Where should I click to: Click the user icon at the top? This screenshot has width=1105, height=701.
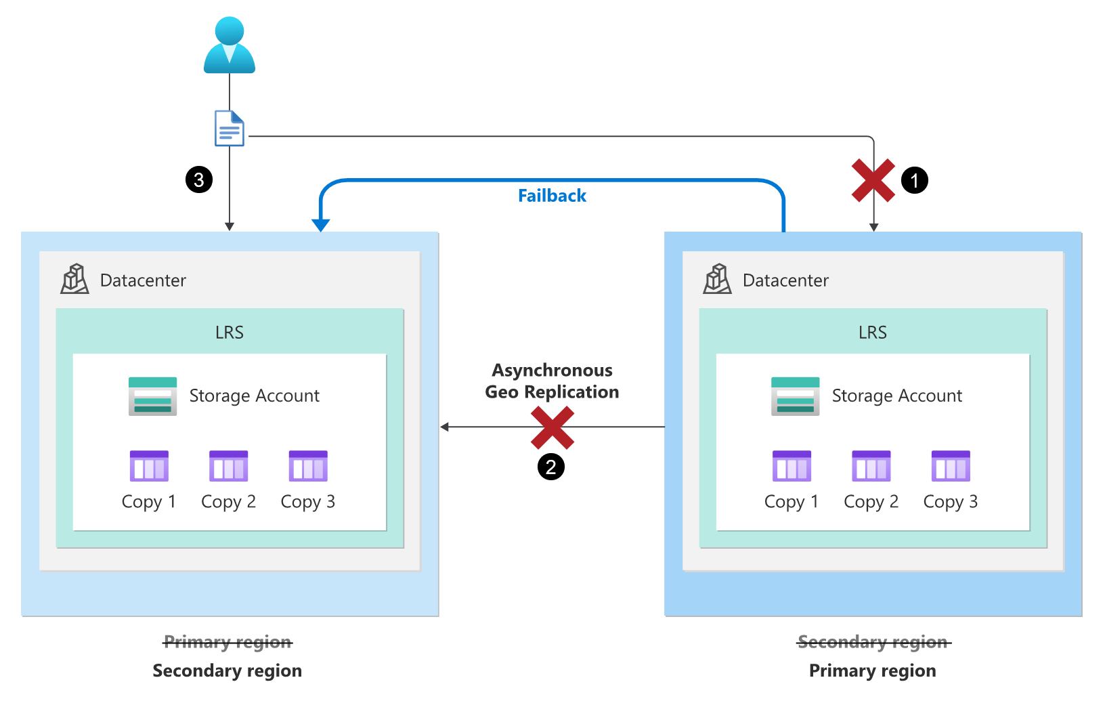tap(230, 45)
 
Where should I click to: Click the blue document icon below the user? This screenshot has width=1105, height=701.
tap(230, 128)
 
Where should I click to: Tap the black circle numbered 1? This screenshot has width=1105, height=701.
tap(915, 180)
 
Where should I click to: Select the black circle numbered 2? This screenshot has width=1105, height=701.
tap(551, 467)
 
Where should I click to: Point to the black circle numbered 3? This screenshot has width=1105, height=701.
tap(199, 179)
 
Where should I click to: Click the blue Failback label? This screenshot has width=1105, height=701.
tap(552, 196)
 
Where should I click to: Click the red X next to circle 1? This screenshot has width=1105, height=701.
tap(873, 181)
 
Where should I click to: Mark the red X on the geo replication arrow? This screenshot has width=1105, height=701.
tap(552, 427)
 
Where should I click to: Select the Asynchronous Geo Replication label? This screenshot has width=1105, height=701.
tap(552, 381)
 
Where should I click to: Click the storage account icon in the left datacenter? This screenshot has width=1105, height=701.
tap(153, 396)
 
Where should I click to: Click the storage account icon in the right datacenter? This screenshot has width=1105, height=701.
tap(796, 396)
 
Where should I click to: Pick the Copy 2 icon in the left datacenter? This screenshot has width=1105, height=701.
tap(229, 466)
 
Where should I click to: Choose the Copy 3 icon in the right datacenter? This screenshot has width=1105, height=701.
tap(951, 466)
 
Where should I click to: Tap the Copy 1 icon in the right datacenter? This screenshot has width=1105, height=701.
tap(792, 466)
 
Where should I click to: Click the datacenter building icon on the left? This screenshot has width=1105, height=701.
tap(75, 279)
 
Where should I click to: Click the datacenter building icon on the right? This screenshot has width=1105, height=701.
tap(718, 279)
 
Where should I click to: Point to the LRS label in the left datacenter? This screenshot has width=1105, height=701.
tap(230, 333)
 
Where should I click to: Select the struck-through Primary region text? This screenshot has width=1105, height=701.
tap(227, 641)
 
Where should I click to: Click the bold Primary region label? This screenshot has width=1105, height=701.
tap(873, 671)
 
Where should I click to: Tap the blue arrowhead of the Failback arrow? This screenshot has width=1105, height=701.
tap(321, 225)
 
